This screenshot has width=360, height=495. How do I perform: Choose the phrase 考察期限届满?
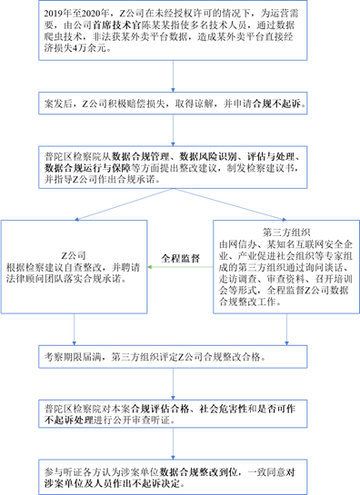pyautogui.click(x=77, y=357)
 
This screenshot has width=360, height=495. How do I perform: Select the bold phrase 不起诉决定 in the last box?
pyautogui.click(x=162, y=482)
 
